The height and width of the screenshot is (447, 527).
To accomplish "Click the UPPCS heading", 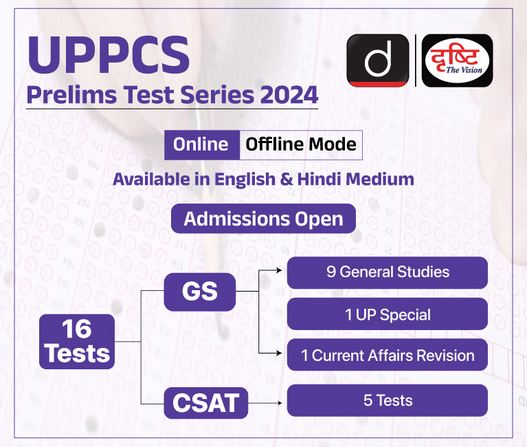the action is click(x=109, y=55).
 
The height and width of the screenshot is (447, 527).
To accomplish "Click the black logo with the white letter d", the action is click(x=378, y=61).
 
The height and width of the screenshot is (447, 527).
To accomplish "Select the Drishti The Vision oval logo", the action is click(x=457, y=61).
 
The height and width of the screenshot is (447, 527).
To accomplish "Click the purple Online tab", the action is click(x=201, y=144).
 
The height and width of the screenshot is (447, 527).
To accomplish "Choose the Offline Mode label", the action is click(x=301, y=144).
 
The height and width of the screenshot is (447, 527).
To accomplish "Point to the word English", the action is click(x=245, y=179).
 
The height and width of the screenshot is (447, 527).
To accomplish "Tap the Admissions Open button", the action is click(x=264, y=219).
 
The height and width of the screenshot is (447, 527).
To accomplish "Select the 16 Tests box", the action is click(x=77, y=342).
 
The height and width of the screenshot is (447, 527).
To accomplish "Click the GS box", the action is click(x=200, y=292).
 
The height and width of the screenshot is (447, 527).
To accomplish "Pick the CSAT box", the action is click(x=206, y=403).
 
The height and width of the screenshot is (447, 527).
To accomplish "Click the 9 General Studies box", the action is click(x=388, y=272).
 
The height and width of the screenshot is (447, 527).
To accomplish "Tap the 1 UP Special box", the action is click(x=388, y=314).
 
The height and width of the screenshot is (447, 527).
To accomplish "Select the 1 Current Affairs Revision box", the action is click(x=388, y=355).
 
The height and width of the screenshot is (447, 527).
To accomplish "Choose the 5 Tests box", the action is click(x=388, y=400).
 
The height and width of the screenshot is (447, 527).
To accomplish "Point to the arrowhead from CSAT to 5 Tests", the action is click(x=279, y=403).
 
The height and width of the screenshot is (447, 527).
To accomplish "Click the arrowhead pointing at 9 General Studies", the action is click(x=279, y=270).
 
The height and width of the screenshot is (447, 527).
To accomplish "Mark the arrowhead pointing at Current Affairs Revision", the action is click(x=279, y=353).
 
